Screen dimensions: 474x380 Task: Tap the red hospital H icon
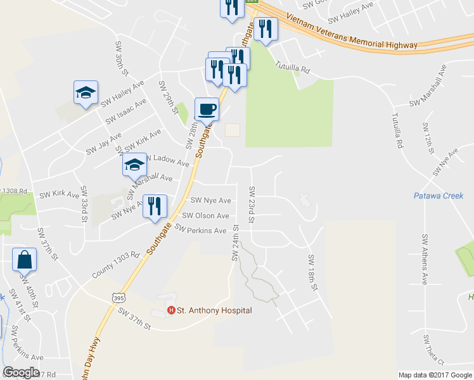170,310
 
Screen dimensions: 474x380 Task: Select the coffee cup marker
206,110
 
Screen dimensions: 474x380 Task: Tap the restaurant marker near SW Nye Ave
155,206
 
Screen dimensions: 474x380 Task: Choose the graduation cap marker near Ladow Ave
134,165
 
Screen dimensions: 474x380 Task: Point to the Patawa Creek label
440,196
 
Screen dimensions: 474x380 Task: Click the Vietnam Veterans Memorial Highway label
352,32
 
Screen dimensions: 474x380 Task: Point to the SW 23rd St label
252,205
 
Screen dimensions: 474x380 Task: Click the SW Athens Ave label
425,259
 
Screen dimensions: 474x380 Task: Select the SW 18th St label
312,272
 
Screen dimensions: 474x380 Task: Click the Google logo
21,372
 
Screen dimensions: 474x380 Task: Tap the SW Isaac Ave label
126,110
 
